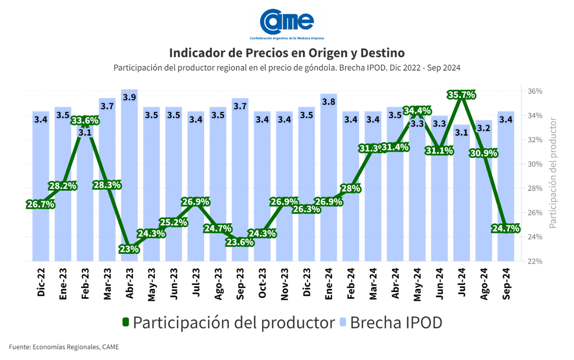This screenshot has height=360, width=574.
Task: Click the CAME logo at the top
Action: [x=287, y=22]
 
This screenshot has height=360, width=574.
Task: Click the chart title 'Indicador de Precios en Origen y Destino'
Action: [x=287, y=52]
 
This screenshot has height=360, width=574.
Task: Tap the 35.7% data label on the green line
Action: [x=461, y=95]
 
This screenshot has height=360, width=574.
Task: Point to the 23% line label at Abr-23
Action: [x=129, y=249]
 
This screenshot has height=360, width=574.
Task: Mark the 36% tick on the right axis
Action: [x=534, y=91]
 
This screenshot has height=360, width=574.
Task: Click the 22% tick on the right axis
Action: [x=534, y=261]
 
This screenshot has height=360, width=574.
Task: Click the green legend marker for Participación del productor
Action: [x=126, y=323]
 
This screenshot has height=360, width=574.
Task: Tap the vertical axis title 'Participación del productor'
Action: [x=553, y=172]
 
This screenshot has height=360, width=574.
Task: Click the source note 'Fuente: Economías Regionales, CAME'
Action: [x=64, y=347]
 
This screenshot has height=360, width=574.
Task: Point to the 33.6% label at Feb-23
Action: [x=85, y=120]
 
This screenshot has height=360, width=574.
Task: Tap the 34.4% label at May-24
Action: [x=417, y=111]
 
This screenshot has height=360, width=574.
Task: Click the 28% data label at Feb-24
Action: [x=351, y=188]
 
